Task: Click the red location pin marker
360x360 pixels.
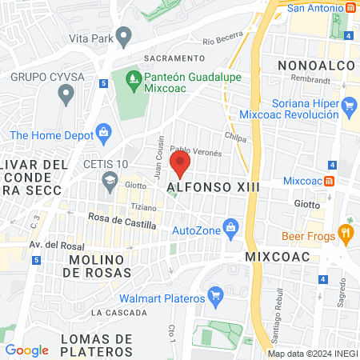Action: [181, 165]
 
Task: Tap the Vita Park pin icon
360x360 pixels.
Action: [123, 36]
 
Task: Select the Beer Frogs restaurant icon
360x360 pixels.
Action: [346, 234]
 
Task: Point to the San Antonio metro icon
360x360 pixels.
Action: [351, 8]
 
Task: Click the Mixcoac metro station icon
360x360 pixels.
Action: [330, 180]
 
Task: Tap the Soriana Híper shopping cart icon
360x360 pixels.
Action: [348, 105]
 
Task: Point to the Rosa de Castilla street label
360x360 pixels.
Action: [122, 225]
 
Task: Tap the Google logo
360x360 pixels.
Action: [27, 350]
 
